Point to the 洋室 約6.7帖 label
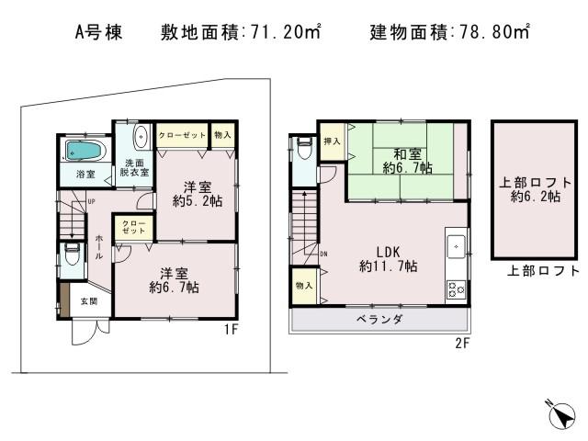click(x=174, y=279)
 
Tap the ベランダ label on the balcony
click(x=379, y=320)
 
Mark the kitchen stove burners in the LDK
click(x=456, y=288)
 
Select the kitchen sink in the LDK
click(x=456, y=247)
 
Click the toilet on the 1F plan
click(x=73, y=254)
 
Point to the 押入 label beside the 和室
click(x=332, y=141)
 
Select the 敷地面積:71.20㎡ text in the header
click(x=240, y=32)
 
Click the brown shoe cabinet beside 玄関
click(x=63, y=298)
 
